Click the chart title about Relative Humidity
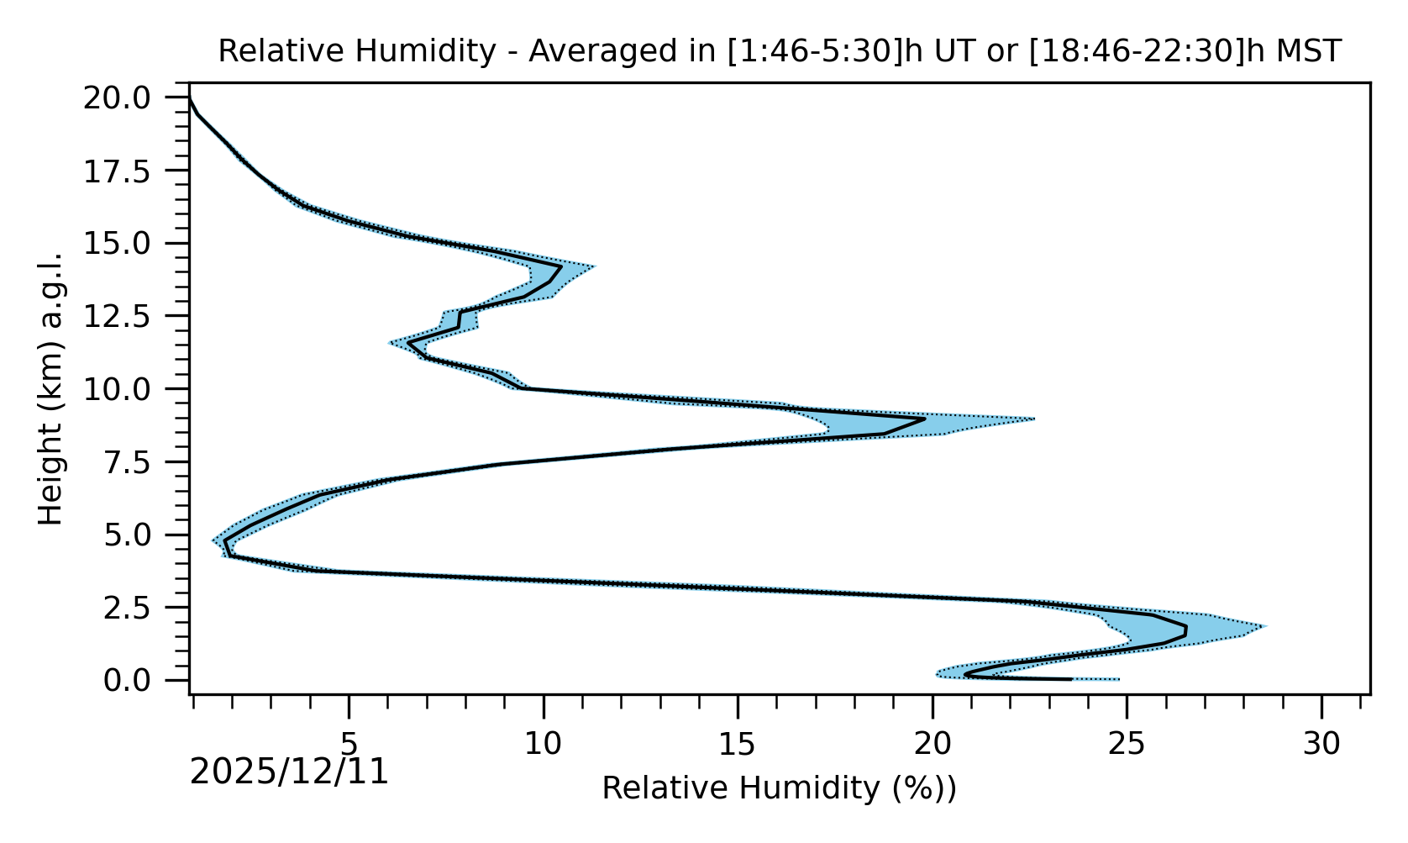[x=780, y=51]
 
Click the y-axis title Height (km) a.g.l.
[x=51, y=388]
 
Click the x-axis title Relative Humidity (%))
[x=780, y=788]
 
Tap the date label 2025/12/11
[x=289, y=772]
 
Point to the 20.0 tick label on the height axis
[x=129, y=98]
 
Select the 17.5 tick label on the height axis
[x=129, y=171]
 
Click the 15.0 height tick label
[x=129, y=244]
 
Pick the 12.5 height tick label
[x=129, y=317]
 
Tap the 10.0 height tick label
[x=129, y=389]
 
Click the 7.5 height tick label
[x=139, y=462]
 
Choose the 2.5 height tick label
[x=139, y=608]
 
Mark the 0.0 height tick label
[x=139, y=680]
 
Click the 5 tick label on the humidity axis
[x=349, y=744]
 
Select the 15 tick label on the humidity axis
[x=738, y=744]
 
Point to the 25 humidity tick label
[x=1127, y=744]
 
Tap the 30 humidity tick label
[x=1321, y=744]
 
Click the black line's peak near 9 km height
[x=924, y=419]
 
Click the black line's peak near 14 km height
[x=560, y=267]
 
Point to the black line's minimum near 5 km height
[x=225, y=541]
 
